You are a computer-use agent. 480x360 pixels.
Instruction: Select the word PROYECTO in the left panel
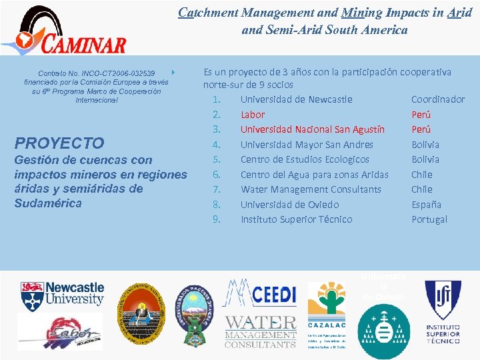[x=59, y=143]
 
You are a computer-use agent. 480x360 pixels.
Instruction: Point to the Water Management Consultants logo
[x=260, y=331]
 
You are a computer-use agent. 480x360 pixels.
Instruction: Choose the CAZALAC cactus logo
[x=326, y=299]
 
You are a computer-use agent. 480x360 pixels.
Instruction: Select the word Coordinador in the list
[x=438, y=99]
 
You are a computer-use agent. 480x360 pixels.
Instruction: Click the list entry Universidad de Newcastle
[x=296, y=99]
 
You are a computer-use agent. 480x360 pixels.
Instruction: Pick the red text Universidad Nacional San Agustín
[x=312, y=129]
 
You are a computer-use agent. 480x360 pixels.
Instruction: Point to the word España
[x=426, y=204]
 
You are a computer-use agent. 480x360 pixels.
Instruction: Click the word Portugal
[x=429, y=219]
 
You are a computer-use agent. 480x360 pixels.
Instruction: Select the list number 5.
[x=216, y=159]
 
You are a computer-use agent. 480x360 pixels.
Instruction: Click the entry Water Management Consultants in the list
[x=311, y=189]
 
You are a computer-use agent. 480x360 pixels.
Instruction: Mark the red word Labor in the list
[x=253, y=115]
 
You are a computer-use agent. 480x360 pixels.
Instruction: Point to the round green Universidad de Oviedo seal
[x=383, y=329]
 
